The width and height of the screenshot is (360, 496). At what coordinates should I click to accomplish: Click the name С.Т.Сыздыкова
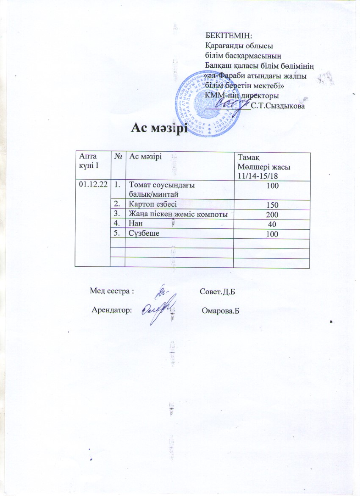(x=278, y=106)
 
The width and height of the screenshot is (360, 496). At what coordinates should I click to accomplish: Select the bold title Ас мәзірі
(x=159, y=127)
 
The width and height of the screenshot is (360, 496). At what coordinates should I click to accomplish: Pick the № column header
(x=118, y=156)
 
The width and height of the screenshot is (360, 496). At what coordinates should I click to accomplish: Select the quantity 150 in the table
(x=272, y=205)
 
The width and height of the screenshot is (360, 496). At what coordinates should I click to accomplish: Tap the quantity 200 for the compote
(x=272, y=215)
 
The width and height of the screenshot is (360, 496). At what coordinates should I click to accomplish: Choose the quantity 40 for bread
(x=272, y=224)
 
